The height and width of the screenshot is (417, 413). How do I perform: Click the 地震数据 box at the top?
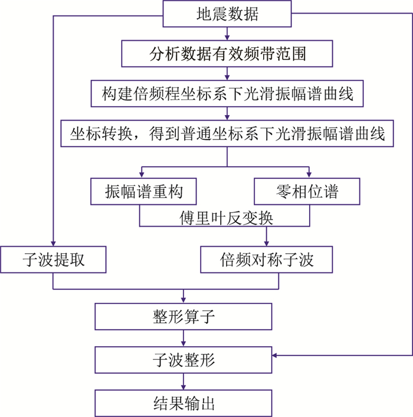pyautogui.click(x=227, y=14)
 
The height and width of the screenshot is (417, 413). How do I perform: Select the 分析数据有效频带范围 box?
pyautogui.click(x=227, y=54)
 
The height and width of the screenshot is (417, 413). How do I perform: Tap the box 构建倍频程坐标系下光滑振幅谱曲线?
pyautogui.click(x=227, y=93)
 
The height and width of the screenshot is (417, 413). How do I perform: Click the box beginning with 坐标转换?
pyautogui.click(x=227, y=134)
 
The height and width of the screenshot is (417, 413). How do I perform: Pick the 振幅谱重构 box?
pyautogui.click(x=144, y=191)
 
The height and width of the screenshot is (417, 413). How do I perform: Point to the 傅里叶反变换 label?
pyautogui.click(x=227, y=218)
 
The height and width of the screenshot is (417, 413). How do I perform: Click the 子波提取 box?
pyautogui.click(x=54, y=259)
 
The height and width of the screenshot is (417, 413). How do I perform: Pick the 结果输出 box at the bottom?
pyautogui.click(x=183, y=404)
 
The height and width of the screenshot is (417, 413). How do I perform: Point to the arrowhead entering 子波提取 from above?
pyautogui.click(x=54, y=243)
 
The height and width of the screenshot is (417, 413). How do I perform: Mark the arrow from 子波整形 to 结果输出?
pyautogui.click(x=183, y=380)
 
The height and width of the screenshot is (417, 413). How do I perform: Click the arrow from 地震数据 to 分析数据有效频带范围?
pyautogui.click(x=227, y=34)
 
